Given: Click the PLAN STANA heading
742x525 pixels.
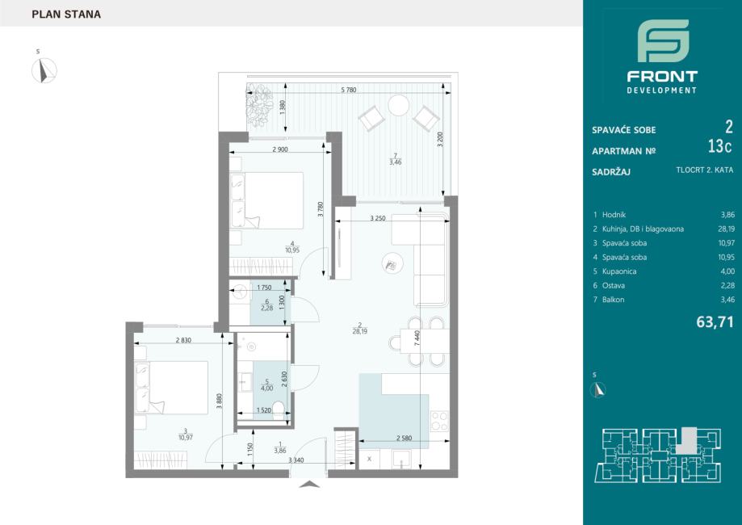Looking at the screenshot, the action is tap(66, 15).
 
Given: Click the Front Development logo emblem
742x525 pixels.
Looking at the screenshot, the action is tap(663, 40).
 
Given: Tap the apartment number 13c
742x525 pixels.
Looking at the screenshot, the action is tap(719, 147).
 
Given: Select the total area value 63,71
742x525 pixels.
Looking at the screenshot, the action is tap(715, 322).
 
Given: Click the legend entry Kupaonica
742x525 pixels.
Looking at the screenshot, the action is tap(619, 271).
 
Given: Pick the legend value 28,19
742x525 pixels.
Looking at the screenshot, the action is tap(727, 229).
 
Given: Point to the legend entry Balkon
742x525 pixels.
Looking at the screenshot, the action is tap(613, 300).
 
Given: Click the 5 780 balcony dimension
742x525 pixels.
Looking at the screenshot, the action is tap(348, 90).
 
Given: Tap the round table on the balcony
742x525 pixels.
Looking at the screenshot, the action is tap(398, 105).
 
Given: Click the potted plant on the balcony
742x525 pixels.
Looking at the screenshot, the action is tap(259, 105).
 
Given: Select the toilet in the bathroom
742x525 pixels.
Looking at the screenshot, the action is tap(279, 410).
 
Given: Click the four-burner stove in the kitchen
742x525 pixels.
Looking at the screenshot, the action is tap(439, 421).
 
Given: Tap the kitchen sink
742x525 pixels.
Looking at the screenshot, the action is tap(402, 459).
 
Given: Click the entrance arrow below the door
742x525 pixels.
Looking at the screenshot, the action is tap(309, 484).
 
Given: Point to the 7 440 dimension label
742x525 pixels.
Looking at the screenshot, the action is tap(417, 338).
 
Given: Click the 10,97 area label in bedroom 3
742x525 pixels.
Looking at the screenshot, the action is tap(186, 438).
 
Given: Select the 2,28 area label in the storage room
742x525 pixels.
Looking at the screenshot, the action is tap(267, 309).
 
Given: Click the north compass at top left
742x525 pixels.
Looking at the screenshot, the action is tap(44, 70).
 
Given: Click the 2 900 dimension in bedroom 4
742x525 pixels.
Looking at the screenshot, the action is tap(280, 149).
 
